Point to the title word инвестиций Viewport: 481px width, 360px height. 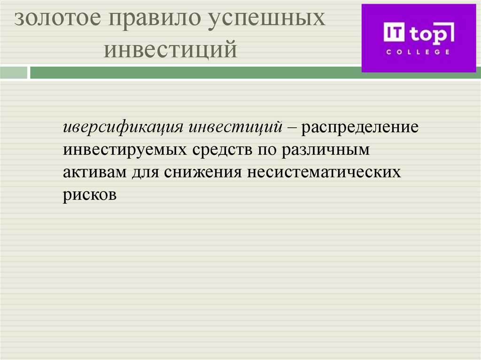(170, 50)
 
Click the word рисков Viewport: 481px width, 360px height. (89, 194)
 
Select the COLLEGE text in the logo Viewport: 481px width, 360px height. (418, 52)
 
